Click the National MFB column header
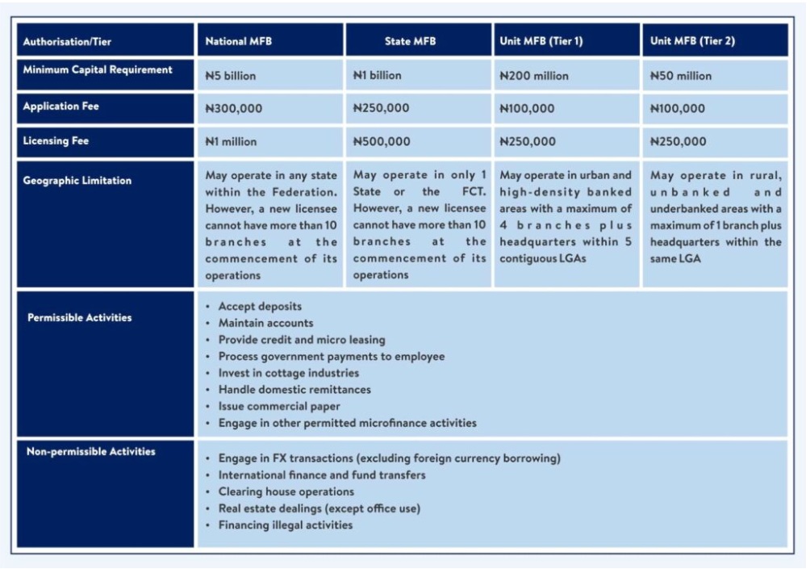click(238, 41)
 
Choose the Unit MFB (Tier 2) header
click(692, 41)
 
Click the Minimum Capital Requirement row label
click(98, 70)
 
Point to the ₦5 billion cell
click(231, 76)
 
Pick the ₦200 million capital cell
click(534, 76)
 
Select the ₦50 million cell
click(681, 76)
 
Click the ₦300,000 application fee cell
click(234, 108)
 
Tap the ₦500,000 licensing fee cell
click(382, 141)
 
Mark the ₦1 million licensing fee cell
click(231, 141)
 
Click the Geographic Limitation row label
click(77, 181)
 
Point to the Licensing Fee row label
click(56, 141)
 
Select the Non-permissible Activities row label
click(91, 451)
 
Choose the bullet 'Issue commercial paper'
click(279, 406)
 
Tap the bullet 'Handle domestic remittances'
click(294, 390)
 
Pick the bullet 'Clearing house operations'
click(286, 492)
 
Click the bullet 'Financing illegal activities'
click(286, 525)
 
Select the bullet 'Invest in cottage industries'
click(288, 373)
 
